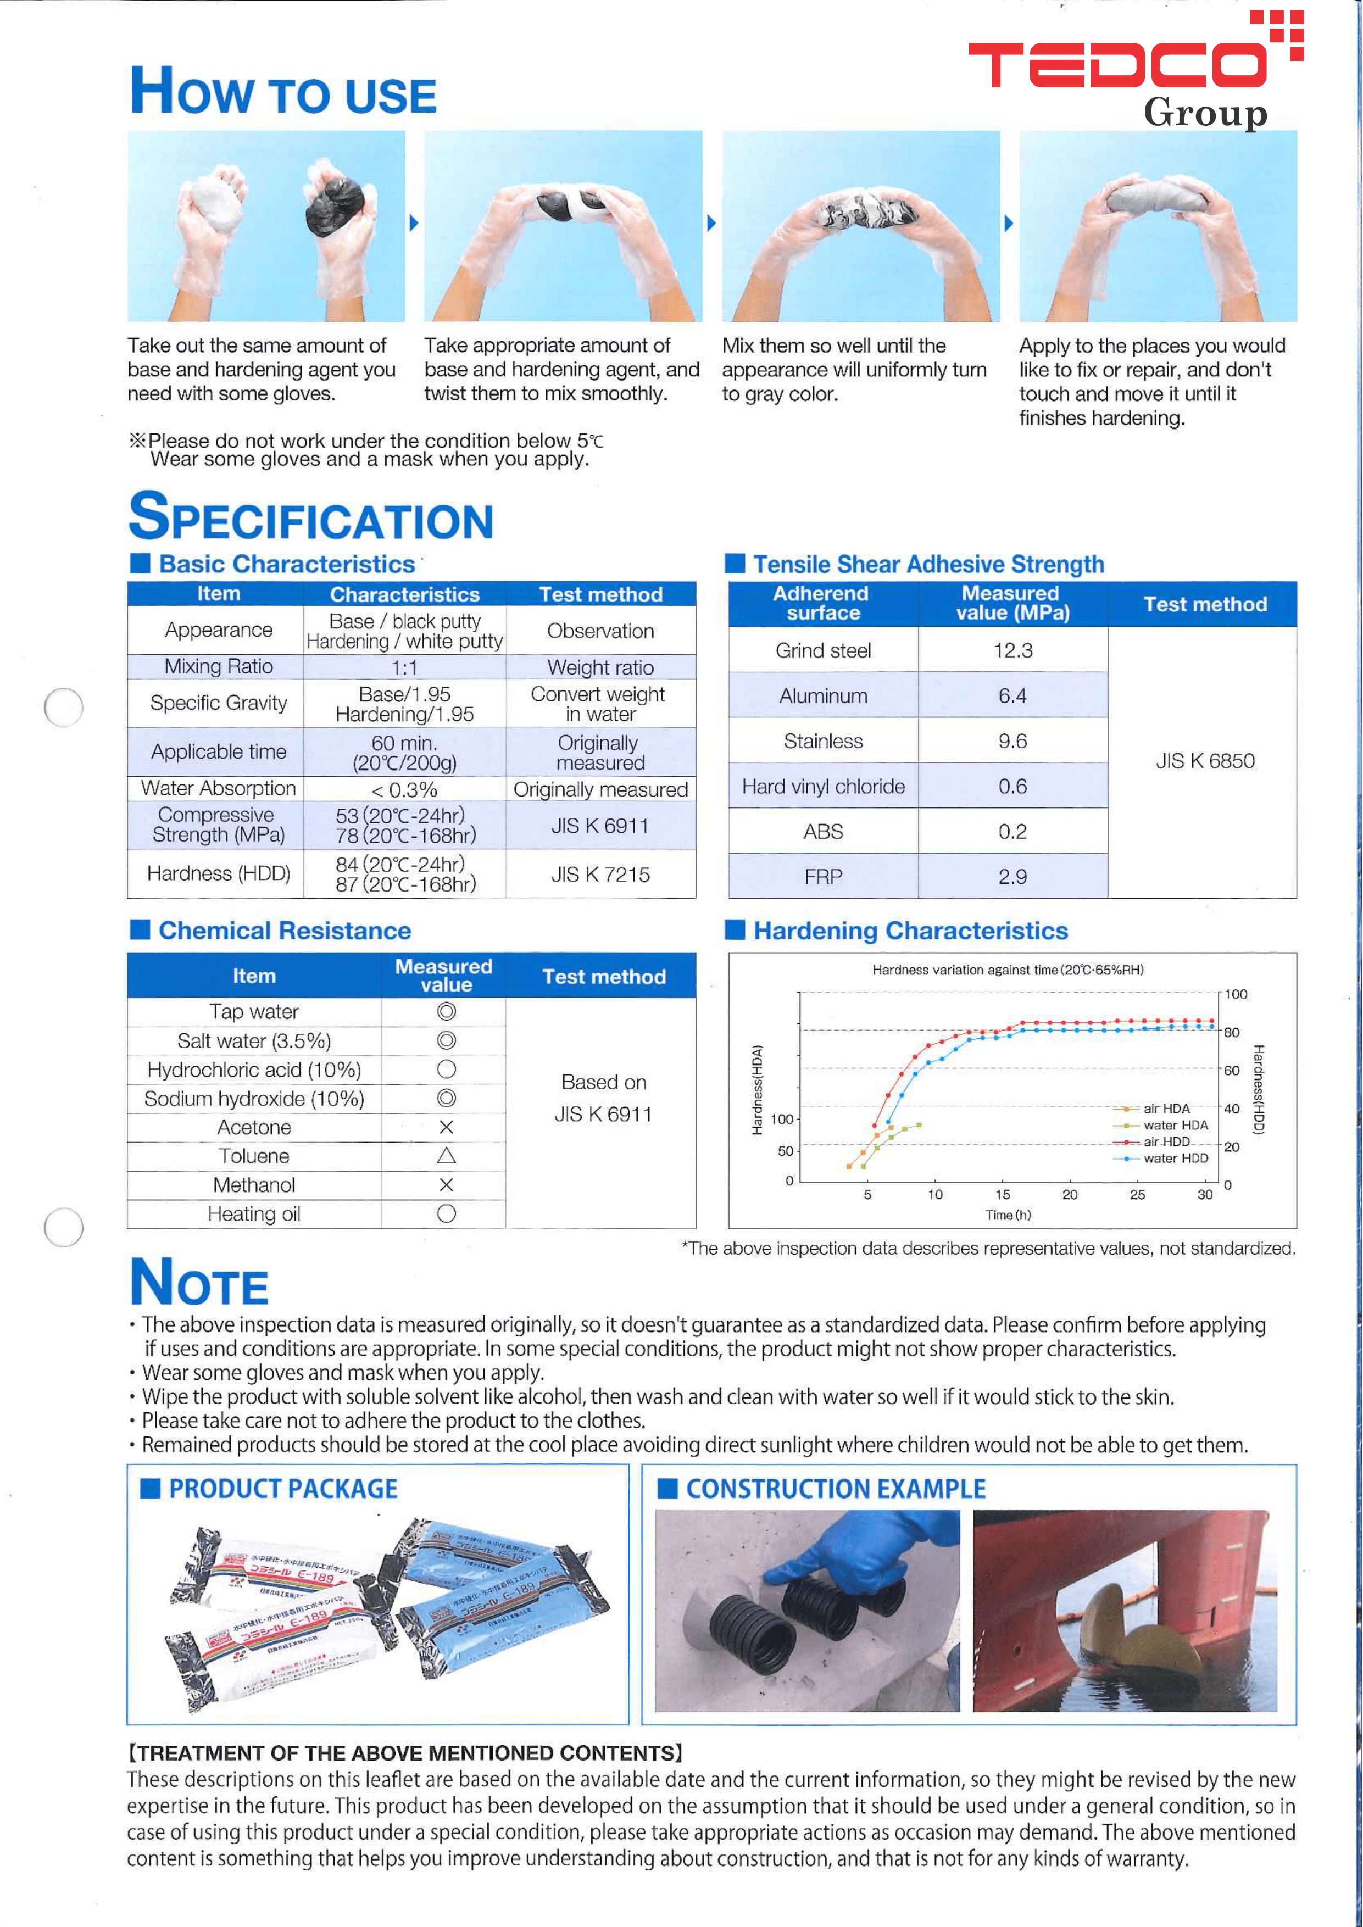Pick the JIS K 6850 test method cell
click(x=1204, y=761)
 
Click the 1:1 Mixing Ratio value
click(x=404, y=668)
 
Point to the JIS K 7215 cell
click(x=600, y=875)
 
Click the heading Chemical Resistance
click(x=285, y=931)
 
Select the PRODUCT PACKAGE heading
click(x=283, y=1489)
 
